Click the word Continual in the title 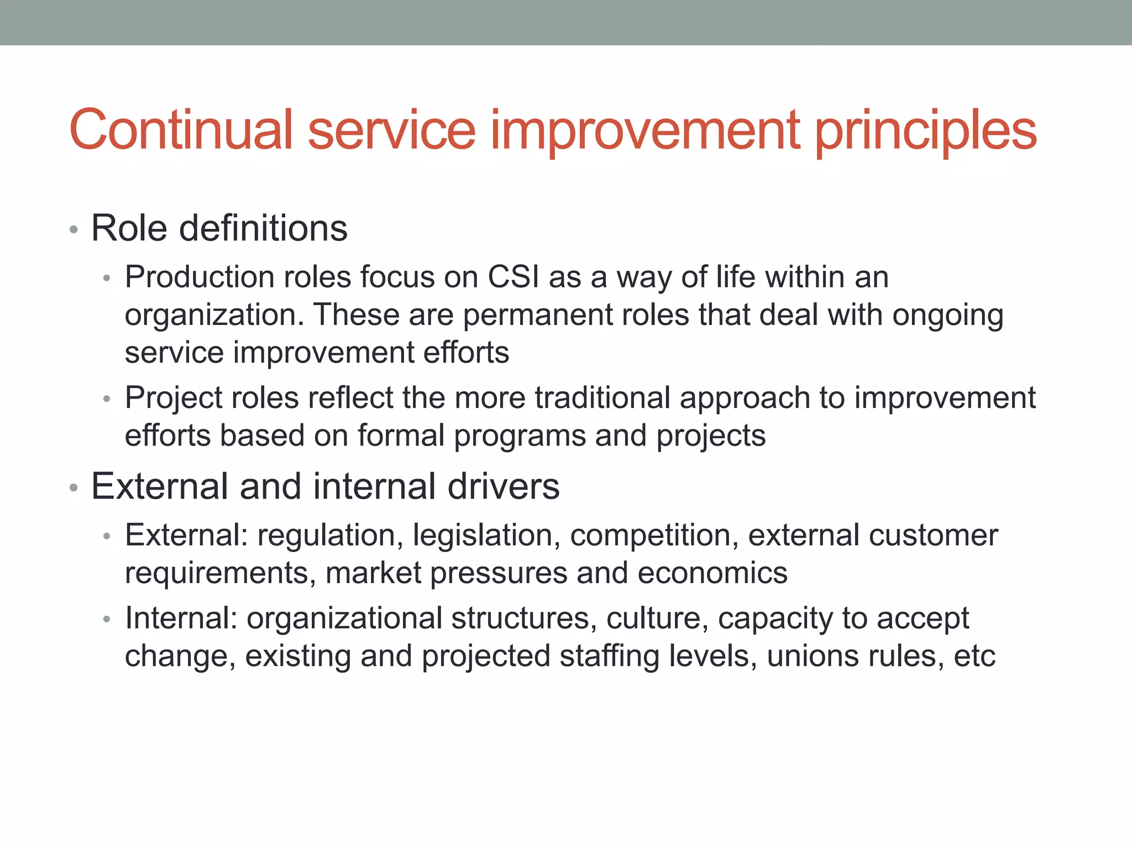(181, 130)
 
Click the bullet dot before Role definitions (74, 229)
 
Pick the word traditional (602, 397)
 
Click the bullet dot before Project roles (107, 399)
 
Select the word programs (520, 437)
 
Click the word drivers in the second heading (503, 486)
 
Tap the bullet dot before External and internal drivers (74, 488)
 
